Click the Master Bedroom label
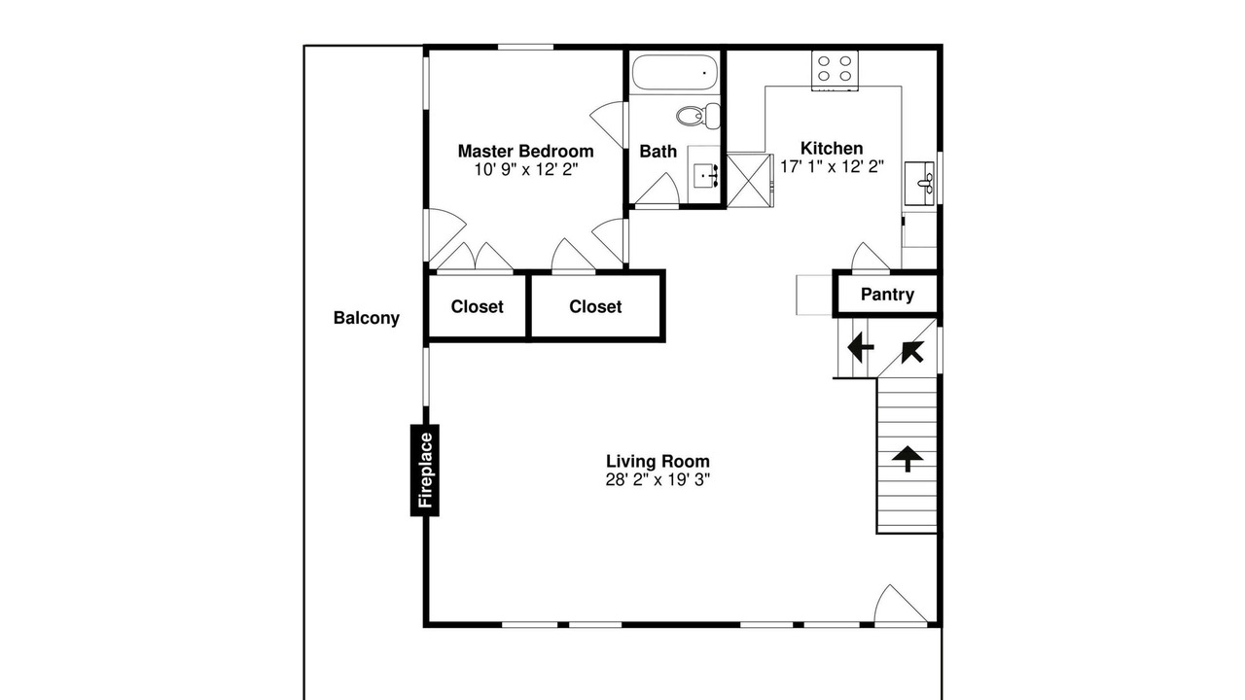pos(525,151)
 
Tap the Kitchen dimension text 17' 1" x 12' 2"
pos(832,166)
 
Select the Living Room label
pos(658,461)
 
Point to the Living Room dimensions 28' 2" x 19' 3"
pos(658,479)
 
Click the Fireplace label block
pos(425,471)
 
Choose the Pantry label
pos(887,295)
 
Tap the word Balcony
pos(367,318)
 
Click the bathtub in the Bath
pos(675,72)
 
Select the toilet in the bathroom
pos(698,116)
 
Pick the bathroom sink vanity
pos(704,174)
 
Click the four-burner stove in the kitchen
pos(835,71)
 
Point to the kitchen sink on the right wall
pos(920,184)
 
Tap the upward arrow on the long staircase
pos(907,458)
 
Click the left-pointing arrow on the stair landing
pos(861,348)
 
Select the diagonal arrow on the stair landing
pos(912,352)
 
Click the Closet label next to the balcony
pos(477,306)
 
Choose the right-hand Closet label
pos(595,306)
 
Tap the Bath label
pos(658,151)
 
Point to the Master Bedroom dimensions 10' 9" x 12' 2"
pos(526,169)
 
